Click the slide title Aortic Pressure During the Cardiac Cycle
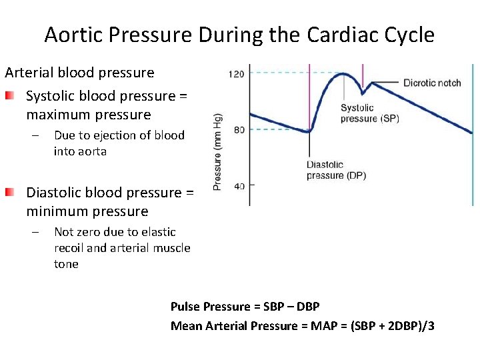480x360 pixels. pos(239,35)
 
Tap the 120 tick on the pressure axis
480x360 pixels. pos(236,73)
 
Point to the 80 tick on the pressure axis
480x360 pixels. pos(239,129)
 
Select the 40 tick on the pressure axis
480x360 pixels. pos(239,186)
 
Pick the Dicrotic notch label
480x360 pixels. pos(432,83)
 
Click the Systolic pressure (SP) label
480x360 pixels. pos(369,113)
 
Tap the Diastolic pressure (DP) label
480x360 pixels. pos(336,170)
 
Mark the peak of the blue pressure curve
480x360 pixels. pos(343,74)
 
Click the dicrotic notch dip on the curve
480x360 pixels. pos(363,92)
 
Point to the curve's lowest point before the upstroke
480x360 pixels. pos(308,132)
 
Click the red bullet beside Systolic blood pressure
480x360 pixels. pos(9,97)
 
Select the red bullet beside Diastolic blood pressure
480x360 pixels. pos(9,193)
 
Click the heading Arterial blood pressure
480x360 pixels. pos(79,73)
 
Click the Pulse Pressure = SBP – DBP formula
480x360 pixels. pos(245,307)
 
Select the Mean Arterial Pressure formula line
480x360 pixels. pos(302,326)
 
